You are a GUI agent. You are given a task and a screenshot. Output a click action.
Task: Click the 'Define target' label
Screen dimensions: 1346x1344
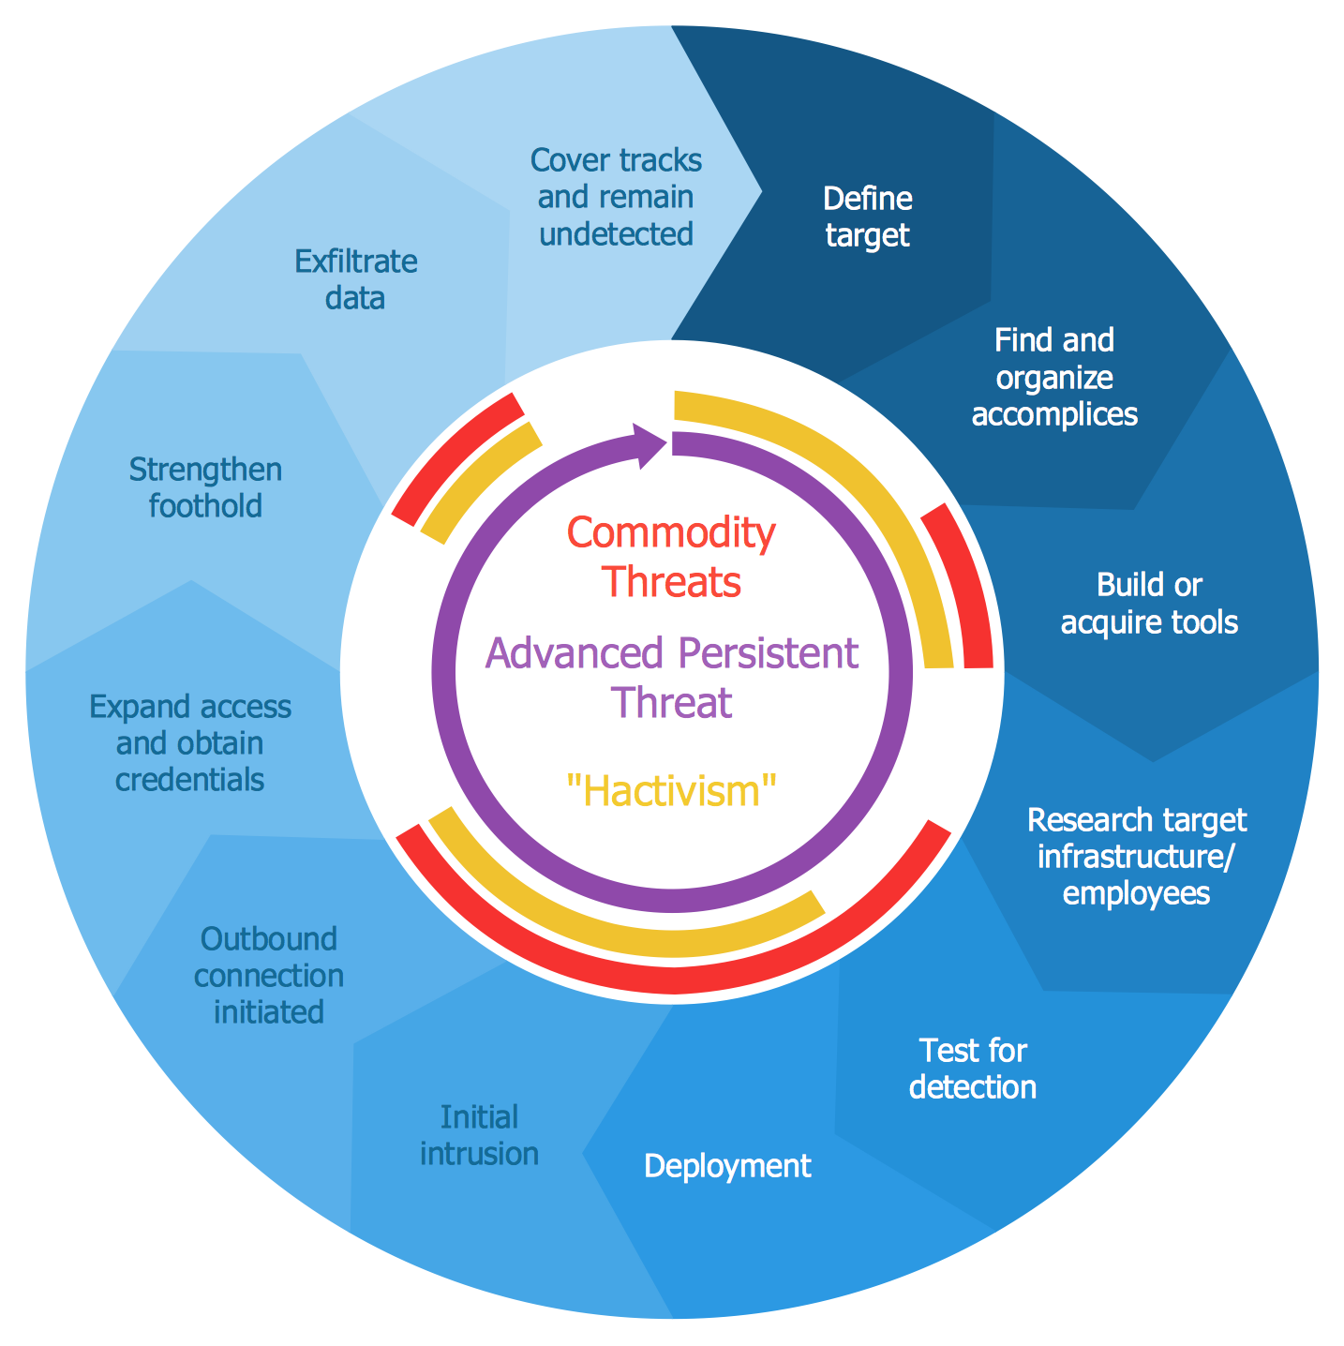(866, 217)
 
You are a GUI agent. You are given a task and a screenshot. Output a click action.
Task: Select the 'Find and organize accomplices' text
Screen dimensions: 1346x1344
(1054, 377)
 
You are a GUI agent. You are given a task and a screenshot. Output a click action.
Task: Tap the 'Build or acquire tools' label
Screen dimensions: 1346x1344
(1149, 604)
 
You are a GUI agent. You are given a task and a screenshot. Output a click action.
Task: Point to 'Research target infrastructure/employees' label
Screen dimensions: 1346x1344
(1136, 856)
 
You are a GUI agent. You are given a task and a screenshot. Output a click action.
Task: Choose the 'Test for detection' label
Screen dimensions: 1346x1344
(973, 1069)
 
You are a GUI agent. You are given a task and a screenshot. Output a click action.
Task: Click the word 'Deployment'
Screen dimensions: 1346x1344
(727, 1166)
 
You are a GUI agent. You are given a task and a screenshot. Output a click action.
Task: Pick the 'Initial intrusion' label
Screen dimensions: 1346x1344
(479, 1135)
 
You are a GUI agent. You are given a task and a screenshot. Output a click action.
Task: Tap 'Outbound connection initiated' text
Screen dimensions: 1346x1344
(269, 976)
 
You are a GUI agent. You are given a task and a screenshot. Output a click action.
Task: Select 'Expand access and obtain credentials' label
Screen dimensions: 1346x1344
(190, 743)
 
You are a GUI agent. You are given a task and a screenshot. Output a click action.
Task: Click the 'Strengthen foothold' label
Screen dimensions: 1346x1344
(205, 487)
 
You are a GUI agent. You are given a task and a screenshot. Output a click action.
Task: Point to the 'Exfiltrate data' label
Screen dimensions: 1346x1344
(355, 279)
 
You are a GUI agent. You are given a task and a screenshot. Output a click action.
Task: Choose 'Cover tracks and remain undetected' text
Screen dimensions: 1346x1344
(616, 197)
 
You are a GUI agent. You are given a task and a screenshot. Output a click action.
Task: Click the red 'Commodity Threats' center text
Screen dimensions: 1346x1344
(671, 558)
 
